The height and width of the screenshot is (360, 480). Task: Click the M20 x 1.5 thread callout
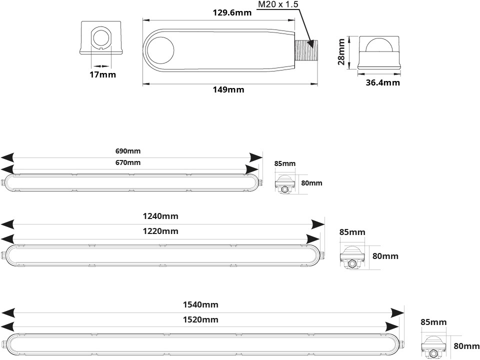[277, 5]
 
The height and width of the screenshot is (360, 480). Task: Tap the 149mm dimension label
[228, 90]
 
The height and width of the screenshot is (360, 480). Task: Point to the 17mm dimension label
[103, 75]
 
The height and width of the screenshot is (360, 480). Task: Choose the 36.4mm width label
[382, 82]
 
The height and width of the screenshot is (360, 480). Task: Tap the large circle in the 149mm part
[160, 50]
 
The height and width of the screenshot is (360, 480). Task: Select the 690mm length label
[127, 151]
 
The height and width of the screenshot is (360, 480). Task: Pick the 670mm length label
[127, 162]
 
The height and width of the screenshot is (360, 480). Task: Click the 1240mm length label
[161, 216]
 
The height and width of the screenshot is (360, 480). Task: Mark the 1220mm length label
[161, 231]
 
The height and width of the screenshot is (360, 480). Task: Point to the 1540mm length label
[201, 304]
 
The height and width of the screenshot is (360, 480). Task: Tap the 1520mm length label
[201, 319]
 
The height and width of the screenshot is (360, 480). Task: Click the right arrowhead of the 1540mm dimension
[397, 312]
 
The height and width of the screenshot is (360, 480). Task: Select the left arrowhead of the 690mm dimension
[7, 156]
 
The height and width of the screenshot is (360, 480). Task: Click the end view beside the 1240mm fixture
[353, 255]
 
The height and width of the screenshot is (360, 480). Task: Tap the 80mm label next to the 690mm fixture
[312, 183]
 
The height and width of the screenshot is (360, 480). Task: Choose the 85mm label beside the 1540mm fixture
[433, 322]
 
